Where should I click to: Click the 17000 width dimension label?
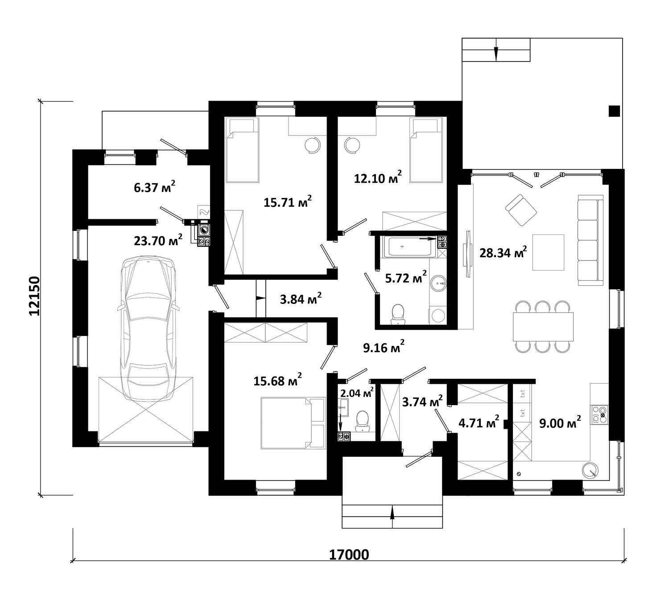click(x=349, y=555)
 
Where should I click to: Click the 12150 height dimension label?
click(x=34, y=296)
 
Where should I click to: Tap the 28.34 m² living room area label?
click(x=503, y=252)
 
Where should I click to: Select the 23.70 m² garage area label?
click(x=158, y=240)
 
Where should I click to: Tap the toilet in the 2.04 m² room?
click(x=363, y=421)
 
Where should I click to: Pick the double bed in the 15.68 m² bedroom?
click(x=293, y=423)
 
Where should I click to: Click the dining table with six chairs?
click(x=543, y=327)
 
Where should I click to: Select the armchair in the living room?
click(x=521, y=210)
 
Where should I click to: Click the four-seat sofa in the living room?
click(x=591, y=240)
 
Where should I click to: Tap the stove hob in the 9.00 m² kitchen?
click(x=599, y=415)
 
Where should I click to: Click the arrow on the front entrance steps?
click(x=392, y=516)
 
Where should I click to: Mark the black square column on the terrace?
click(x=614, y=111)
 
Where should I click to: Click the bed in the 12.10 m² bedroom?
click(x=426, y=150)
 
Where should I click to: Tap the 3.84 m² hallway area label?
click(x=301, y=299)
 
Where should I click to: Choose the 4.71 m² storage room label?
click(x=479, y=423)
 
